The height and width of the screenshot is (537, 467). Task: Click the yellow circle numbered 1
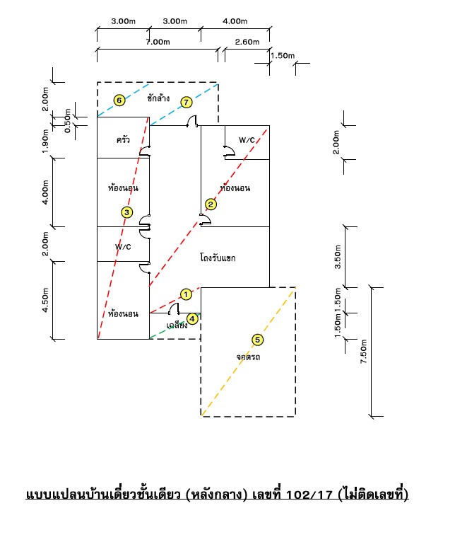pos(186,294)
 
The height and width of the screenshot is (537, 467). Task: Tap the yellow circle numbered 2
pos(211,204)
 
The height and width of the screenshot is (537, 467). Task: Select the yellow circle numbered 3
pos(127,212)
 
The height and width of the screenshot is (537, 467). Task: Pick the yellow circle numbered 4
pos(192,319)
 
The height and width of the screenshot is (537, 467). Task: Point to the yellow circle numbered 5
pos(257,340)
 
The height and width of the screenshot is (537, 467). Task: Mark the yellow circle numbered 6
pos(119,100)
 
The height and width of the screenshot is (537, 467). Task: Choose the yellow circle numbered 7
pos(187,102)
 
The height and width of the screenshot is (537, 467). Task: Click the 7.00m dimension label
pos(158,42)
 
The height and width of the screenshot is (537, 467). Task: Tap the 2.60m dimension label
pos(247,42)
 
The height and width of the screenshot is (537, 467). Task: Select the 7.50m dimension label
pos(363,352)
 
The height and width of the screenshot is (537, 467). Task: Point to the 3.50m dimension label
pos(338,257)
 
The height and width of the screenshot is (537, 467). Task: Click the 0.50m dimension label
pos(68,120)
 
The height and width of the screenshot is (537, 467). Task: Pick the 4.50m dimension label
pos(45,300)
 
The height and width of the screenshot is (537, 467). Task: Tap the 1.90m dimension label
pos(45,141)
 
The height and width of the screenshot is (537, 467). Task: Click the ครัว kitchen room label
pos(123,139)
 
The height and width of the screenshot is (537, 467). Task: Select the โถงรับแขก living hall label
pos(218,258)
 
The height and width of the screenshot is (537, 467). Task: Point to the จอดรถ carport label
pos(248,357)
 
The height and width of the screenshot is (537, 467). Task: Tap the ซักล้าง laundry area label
pos(158,98)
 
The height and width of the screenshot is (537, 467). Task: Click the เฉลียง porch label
pos(177,325)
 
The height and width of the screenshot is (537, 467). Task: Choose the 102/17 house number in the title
pos(309,495)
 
